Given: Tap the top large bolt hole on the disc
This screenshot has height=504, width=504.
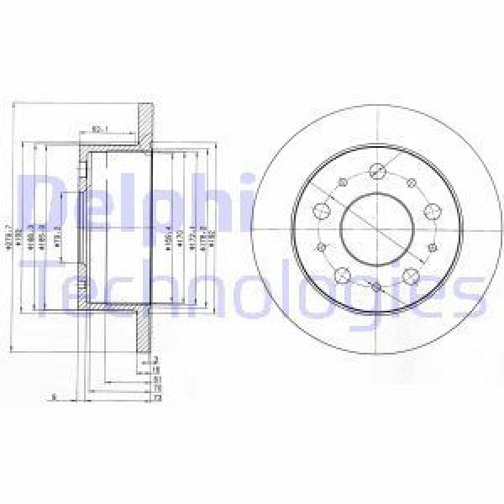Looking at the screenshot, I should pyautogui.click(x=375, y=171).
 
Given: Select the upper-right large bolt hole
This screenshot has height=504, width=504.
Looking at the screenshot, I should pyautogui.click(x=432, y=210).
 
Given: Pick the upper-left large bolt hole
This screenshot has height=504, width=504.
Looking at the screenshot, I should pyautogui.click(x=320, y=210).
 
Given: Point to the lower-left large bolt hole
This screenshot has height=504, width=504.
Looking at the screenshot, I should pyautogui.click(x=341, y=276).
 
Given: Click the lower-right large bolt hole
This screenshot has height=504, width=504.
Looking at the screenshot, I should pyautogui.click(x=411, y=276).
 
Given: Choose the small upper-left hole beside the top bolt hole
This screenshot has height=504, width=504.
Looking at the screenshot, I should pyautogui.click(x=340, y=182).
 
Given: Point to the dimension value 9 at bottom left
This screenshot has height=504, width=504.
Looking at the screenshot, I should pyautogui.click(x=53, y=396).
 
